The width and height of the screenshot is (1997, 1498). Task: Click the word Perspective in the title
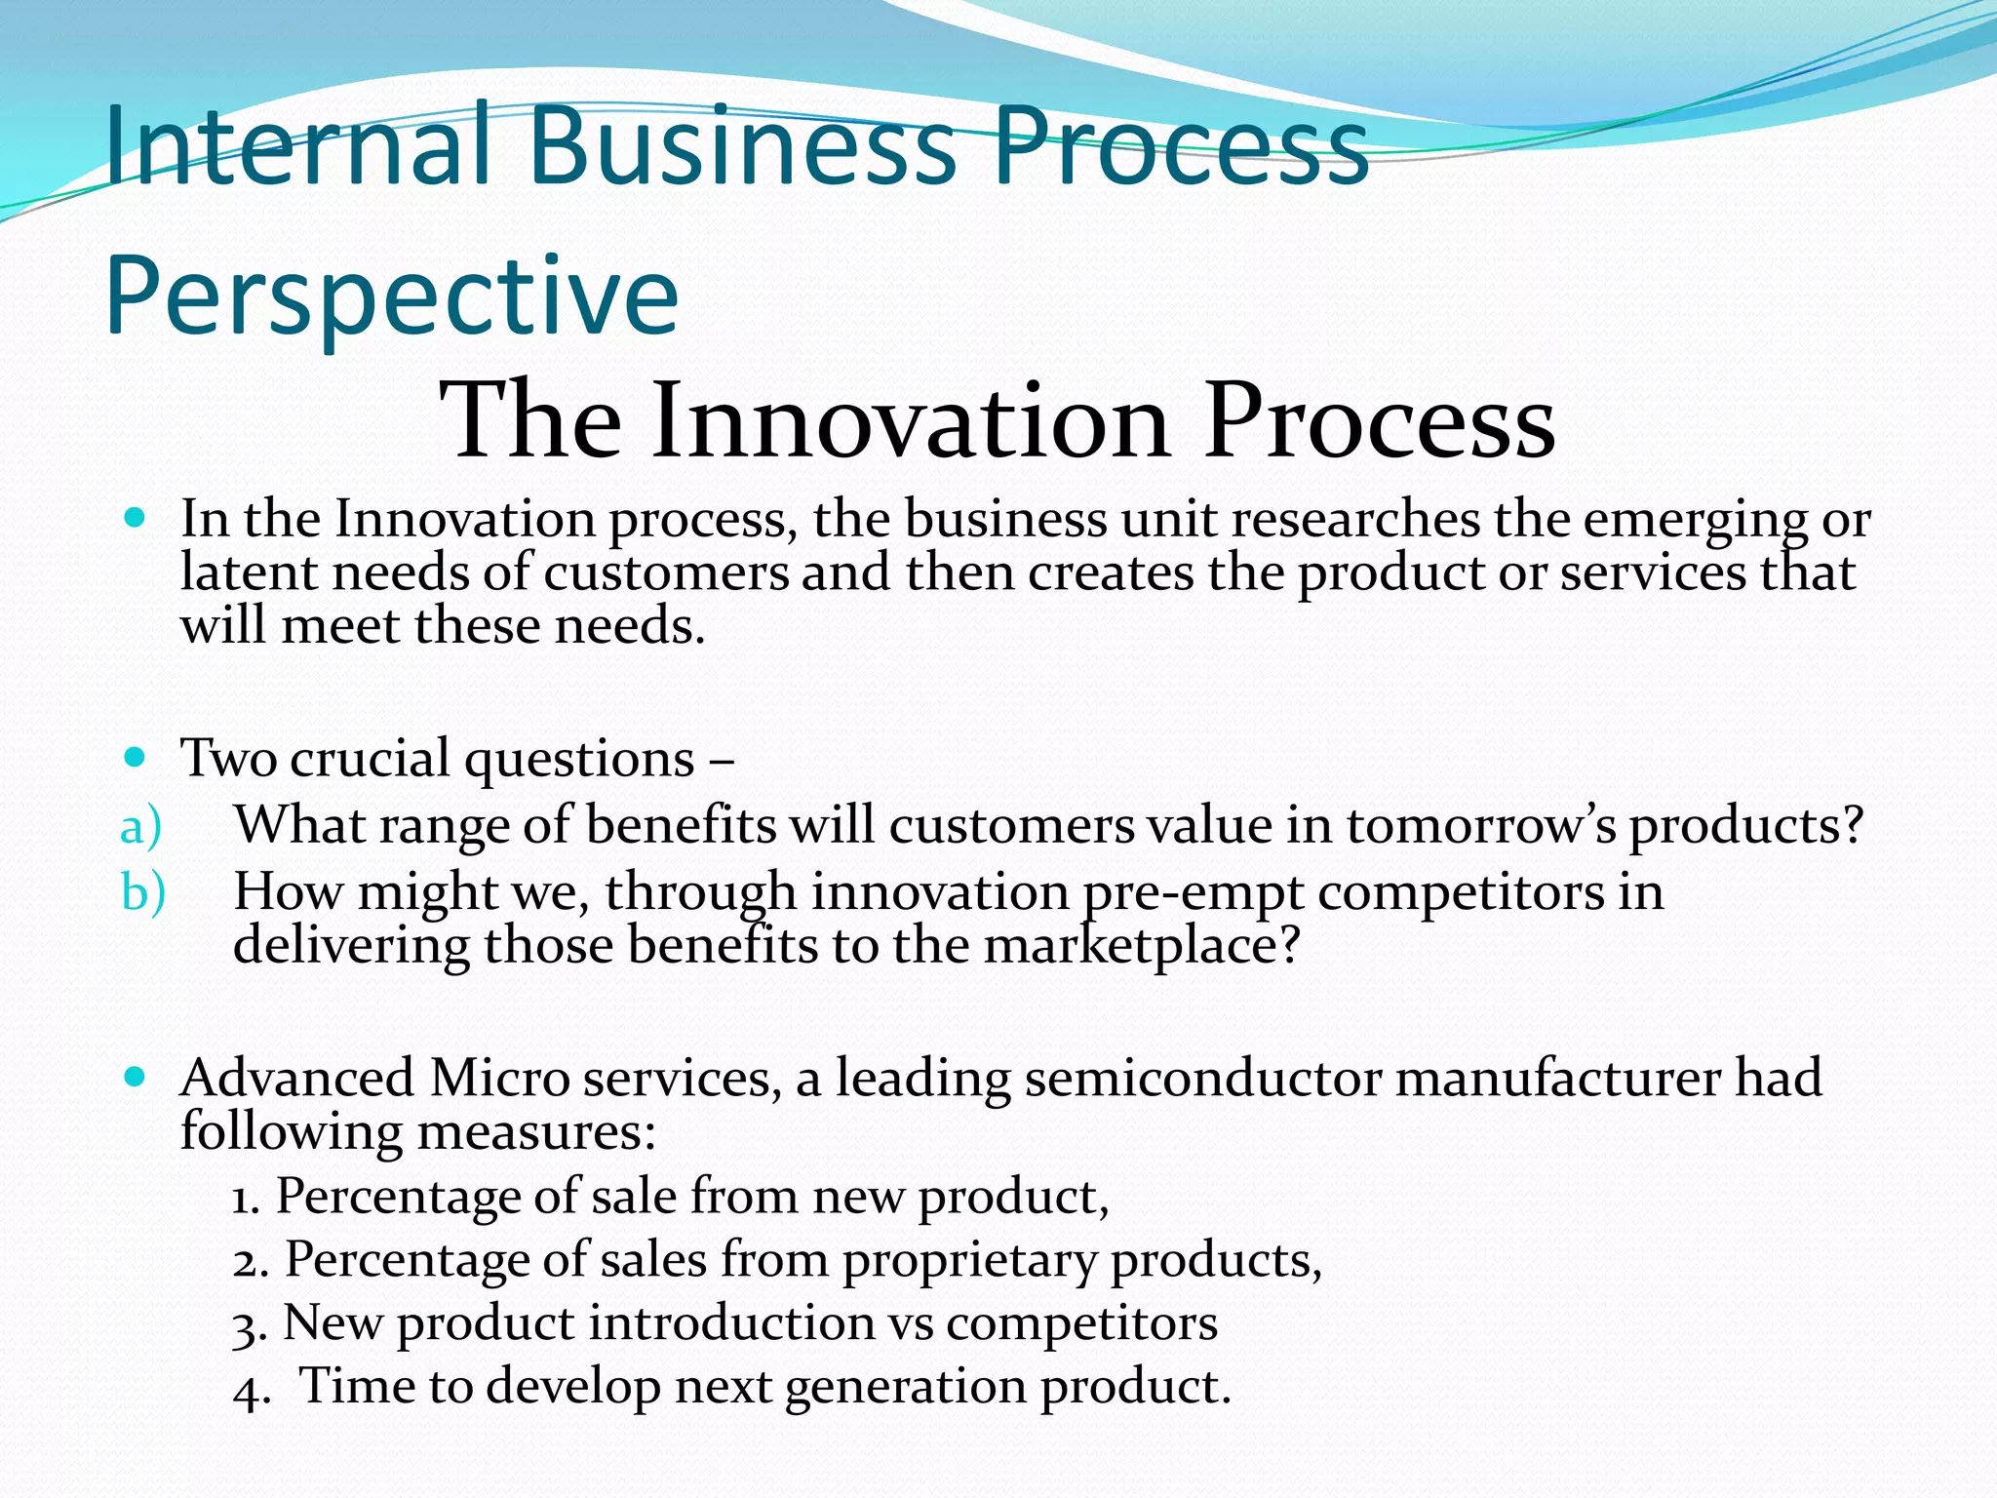point(390,297)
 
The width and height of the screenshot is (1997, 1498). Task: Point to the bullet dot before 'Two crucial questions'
point(136,757)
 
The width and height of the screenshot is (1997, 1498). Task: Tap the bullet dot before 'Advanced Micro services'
point(136,1077)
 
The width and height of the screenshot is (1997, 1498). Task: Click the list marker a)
point(140,827)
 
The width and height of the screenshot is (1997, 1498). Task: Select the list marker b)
point(142,892)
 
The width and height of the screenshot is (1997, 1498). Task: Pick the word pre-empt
point(1193,892)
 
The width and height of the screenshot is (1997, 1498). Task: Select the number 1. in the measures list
point(246,1198)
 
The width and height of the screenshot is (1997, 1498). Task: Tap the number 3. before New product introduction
point(248,1325)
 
